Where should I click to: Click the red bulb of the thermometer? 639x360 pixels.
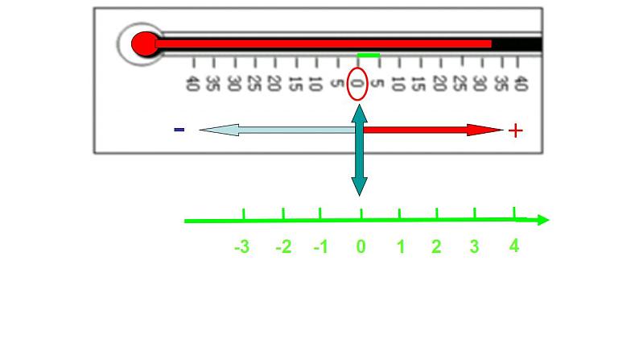(144, 43)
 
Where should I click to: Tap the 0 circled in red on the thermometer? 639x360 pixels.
(357, 83)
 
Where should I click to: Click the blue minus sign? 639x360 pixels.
(179, 130)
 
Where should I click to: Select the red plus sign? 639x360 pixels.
(516, 130)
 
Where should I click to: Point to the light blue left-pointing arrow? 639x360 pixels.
(274, 130)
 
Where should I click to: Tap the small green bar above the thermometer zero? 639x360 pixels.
(369, 56)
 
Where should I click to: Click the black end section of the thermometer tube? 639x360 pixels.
(517, 43)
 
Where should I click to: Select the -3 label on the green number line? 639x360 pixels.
(241, 248)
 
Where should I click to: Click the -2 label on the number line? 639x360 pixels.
(282, 248)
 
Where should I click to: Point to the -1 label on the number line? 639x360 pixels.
(320, 248)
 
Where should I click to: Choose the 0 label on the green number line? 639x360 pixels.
(361, 247)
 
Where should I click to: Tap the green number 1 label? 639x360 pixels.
(401, 247)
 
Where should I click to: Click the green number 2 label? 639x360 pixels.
(436, 247)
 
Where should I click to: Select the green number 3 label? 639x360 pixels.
(474, 247)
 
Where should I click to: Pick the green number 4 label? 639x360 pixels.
(514, 246)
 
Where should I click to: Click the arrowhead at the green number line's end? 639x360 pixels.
(542, 219)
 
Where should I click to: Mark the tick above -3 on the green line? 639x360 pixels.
(244, 213)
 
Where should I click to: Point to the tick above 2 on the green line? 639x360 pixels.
(437, 213)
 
